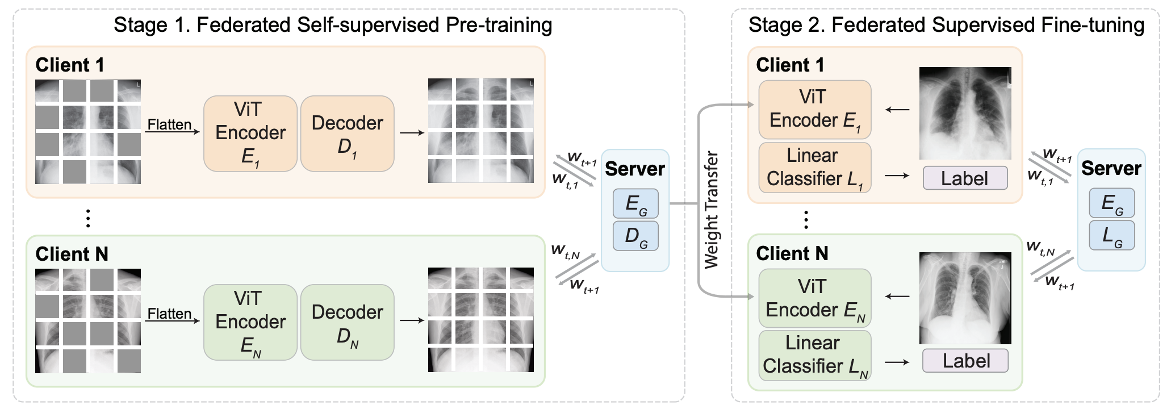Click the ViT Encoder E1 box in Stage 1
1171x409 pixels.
[x=250, y=133]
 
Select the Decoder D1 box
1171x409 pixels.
[x=347, y=133]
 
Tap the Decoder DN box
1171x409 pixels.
[x=347, y=322]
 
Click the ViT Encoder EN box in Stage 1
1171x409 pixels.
[x=250, y=322]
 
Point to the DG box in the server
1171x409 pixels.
[x=635, y=236]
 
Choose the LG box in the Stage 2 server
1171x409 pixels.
[x=1111, y=235]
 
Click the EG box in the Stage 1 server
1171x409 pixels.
[x=635, y=203]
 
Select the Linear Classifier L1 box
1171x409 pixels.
[x=814, y=168]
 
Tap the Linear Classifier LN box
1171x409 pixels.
[x=814, y=355]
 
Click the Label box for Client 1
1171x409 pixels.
[x=965, y=178]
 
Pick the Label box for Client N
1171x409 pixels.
[x=965, y=361]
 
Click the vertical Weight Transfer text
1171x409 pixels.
[x=711, y=210]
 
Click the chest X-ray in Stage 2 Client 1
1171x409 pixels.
[x=965, y=114]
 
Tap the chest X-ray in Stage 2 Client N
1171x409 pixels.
[x=965, y=298]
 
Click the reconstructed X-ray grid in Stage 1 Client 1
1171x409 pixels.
[x=480, y=131]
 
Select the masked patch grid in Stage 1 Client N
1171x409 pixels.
[x=88, y=321]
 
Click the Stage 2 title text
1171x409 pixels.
[x=946, y=26]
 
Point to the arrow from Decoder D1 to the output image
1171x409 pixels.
[x=412, y=133]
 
